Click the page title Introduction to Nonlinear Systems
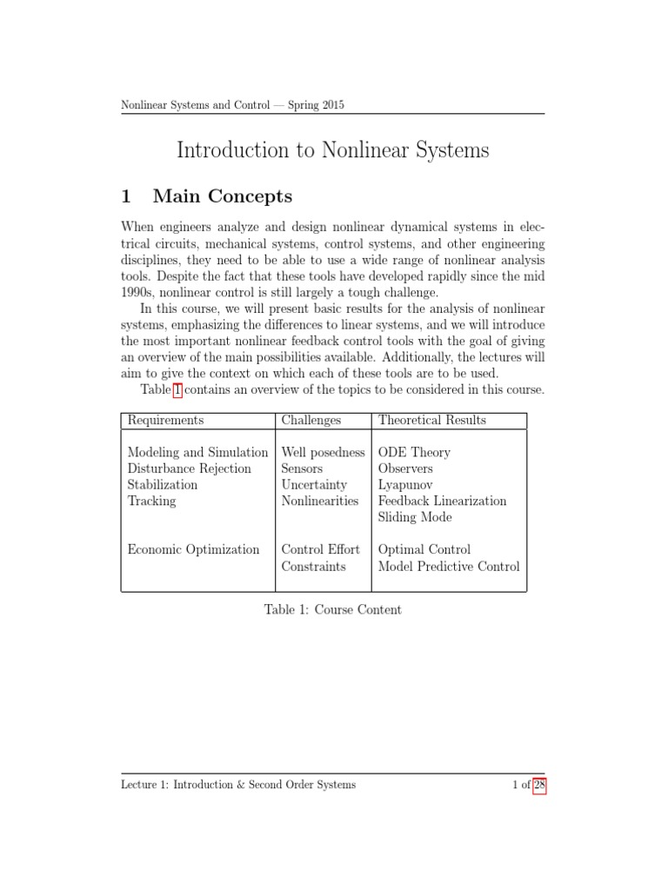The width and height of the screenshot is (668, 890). (333, 150)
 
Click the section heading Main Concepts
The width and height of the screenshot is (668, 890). (236, 196)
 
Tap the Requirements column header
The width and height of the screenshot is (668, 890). (165, 420)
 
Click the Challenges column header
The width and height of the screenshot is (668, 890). (311, 420)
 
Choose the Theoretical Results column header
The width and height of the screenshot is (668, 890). (431, 420)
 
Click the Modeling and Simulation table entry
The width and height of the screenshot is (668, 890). (197, 453)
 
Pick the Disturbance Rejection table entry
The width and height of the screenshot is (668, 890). (189, 468)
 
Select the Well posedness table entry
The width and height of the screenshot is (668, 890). (323, 453)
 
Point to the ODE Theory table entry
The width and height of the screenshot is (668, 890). (414, 453)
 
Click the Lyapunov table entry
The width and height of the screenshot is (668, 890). (405, 485)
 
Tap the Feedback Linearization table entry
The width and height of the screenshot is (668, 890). (442, 501)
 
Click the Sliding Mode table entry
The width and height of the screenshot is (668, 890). (415, 517)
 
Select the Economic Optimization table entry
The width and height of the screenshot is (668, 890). (193, 549)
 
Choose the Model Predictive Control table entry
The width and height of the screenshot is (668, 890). (449, 566)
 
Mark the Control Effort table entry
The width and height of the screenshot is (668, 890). (320, 549)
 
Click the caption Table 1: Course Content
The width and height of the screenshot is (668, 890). (333, 609)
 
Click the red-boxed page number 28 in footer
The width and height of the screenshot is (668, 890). (538, 785)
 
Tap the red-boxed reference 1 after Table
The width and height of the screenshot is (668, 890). (177, 390)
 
